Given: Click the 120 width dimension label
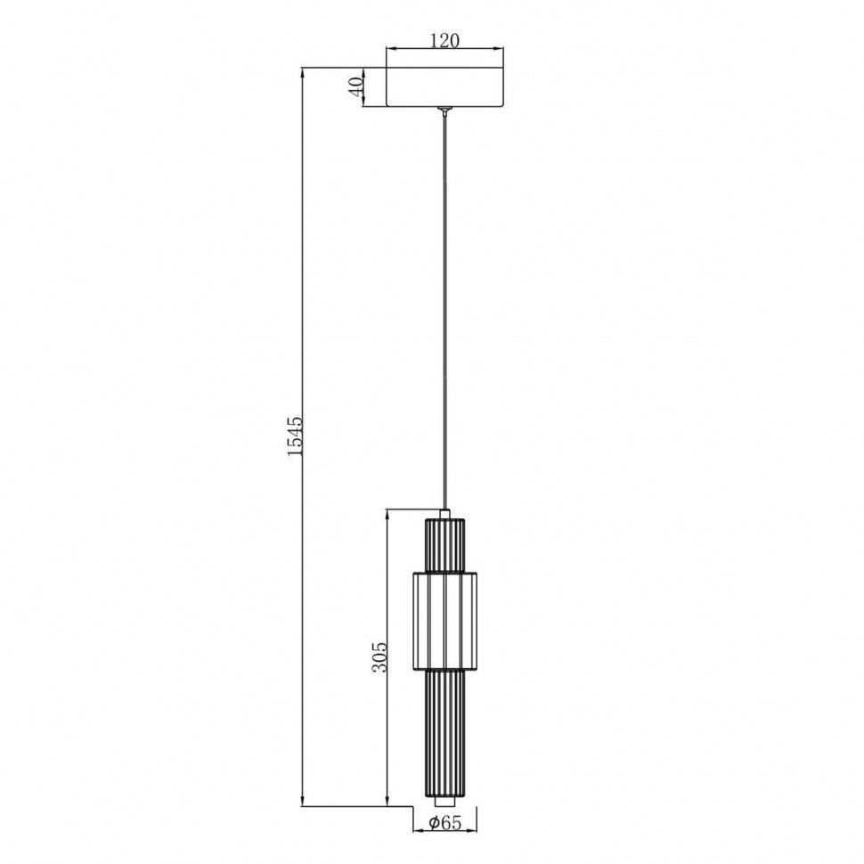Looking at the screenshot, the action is [x=444, y=40].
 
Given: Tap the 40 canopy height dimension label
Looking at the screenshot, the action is [x=356, y=86].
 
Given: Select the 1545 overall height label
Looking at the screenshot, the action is [x=296, y=436].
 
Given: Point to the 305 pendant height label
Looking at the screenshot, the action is [x=379, y=656].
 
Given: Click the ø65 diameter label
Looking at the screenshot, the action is [x=444, y=823].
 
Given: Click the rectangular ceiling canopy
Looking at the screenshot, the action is [x=445, y=87].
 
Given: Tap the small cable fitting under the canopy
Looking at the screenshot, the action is [x=445, y=110].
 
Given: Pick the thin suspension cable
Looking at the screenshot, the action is [x=445, y=313].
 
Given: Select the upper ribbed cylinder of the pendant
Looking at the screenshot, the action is [x=444, y=545].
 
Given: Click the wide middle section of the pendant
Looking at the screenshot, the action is [x=444, y=621].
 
